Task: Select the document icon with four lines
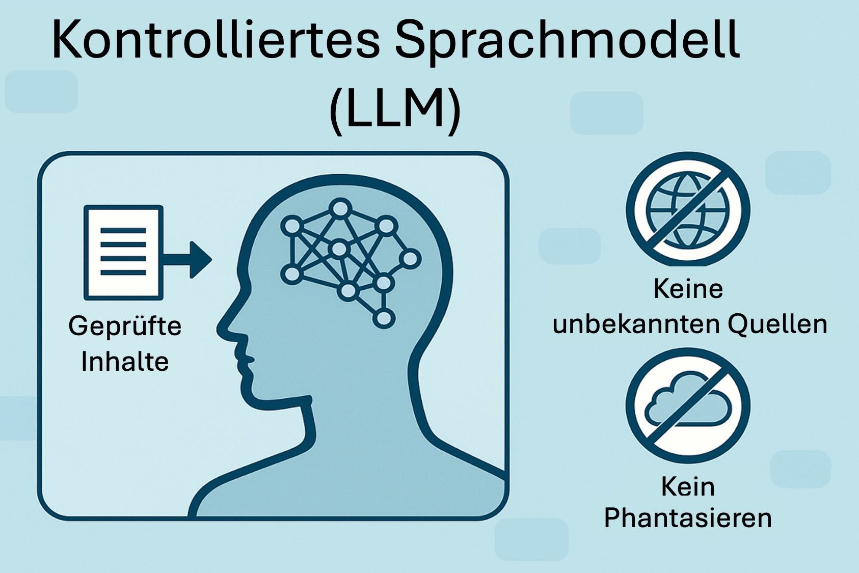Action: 123,253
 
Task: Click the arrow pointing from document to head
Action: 187,259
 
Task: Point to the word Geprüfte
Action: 125,326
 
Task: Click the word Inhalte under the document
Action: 125,361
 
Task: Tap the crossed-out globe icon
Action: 688,209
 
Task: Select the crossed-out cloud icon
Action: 688,406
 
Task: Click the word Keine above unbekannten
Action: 688,288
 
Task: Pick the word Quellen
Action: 777,324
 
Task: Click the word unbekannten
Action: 636,324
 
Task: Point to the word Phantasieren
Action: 688,519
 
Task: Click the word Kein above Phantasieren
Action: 688,487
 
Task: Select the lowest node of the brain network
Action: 384,318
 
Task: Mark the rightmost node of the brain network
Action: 410,259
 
